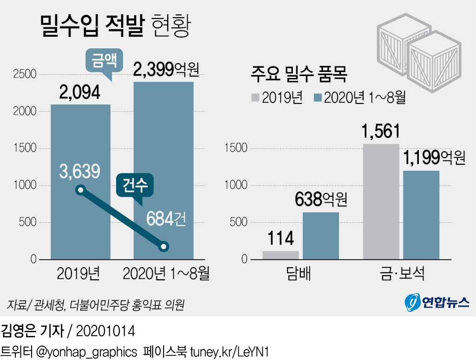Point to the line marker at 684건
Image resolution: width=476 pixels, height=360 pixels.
(163, 247)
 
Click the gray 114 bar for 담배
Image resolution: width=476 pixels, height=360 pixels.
(280, 255)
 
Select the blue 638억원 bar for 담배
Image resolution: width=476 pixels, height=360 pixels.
(321, 236)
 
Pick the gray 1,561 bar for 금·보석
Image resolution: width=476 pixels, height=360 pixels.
(381, 201)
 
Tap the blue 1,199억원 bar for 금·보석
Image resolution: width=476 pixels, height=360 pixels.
(421, 215)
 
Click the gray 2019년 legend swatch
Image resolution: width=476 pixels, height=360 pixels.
(255, 97)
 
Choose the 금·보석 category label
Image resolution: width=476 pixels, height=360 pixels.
(401, 275)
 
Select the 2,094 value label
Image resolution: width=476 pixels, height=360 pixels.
(80, 93)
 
